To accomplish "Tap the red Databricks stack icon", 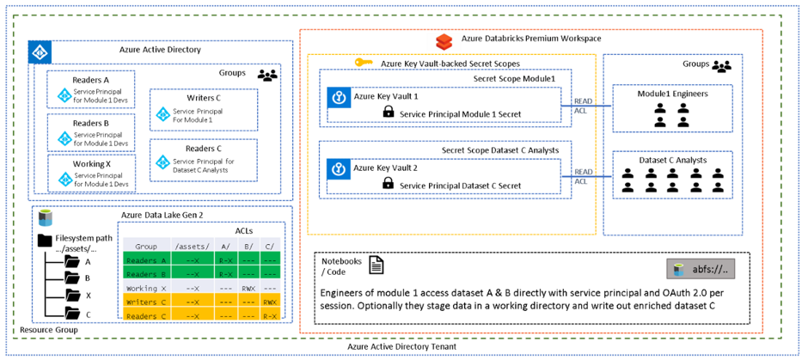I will point(444,40).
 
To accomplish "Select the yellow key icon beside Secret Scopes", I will point(364,64).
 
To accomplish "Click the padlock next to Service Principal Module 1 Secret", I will point(388,112).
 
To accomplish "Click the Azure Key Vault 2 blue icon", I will point(339,168).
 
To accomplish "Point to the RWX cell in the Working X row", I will point(248,289).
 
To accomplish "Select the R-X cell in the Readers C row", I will point(270,315).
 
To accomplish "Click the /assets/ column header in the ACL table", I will point(194,246).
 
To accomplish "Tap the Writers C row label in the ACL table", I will point(146,302).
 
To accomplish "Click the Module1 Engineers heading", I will point(667,94).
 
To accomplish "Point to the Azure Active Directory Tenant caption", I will point(402,346).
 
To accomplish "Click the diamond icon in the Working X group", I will point(64,180).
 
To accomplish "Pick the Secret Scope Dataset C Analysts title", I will point(499,150).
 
